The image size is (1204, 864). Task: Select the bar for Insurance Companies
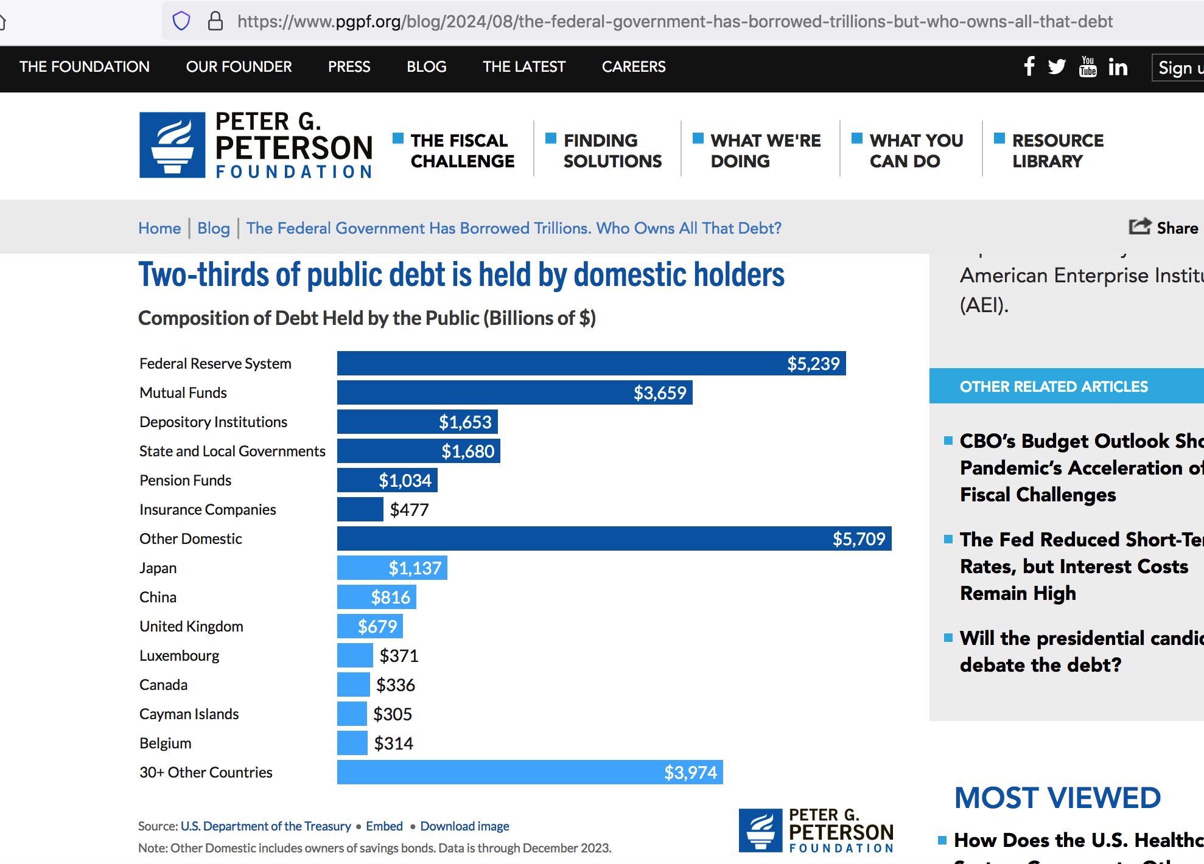pos(360,509)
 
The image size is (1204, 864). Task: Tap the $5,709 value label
pos(858,538)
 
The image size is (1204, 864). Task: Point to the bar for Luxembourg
pos(355,655)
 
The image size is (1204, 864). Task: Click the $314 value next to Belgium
pos(393,743)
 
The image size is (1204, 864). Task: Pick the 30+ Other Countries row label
pos(206,772)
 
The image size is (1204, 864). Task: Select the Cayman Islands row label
pos(189,714)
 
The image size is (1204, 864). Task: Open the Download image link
pos(464,826)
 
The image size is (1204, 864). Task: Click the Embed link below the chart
pos(384,826)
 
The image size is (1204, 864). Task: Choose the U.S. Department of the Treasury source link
pos(265,826)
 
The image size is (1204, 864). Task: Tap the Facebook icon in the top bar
pos(1029,66)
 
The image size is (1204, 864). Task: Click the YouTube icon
pos(1087,66)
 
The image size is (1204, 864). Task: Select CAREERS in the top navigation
pos(633,66)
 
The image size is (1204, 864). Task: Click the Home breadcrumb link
pos(159,228)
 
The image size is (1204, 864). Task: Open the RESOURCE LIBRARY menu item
pos(1057,150)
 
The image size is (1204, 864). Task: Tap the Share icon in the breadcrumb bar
pos(1139,227)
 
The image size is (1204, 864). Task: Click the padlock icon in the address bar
pos(215,21)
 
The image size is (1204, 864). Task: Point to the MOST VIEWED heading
pos(1057,798)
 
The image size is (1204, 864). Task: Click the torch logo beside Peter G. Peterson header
pos(172,145)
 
